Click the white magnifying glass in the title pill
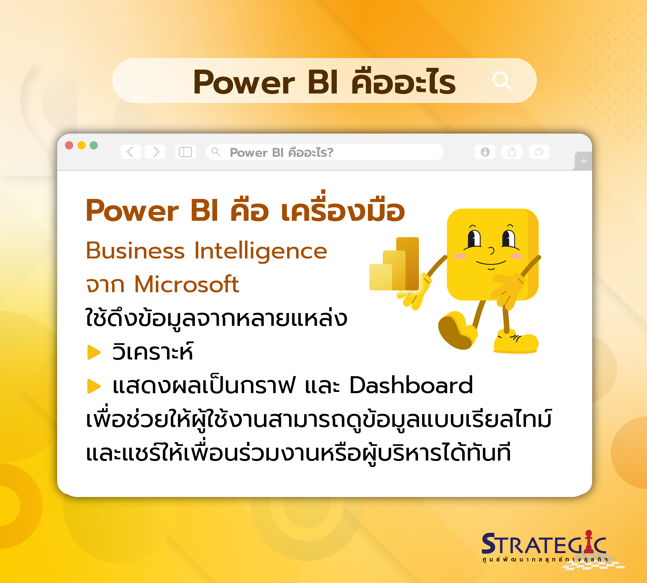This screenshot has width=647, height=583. tap(502, 81)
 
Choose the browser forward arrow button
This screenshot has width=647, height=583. tap(155, 152)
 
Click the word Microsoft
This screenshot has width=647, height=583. tap(187, 284)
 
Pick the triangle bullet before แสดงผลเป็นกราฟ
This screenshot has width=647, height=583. tap(94, 386)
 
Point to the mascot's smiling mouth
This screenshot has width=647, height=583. tap(491, 263)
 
